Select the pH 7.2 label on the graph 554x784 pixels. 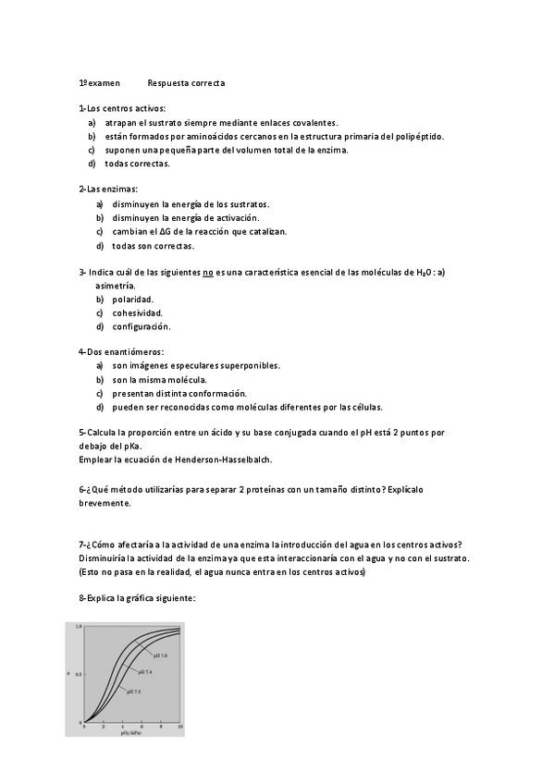point(133,691)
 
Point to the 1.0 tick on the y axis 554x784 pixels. point(79,627)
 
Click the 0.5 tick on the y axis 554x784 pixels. point(79,674)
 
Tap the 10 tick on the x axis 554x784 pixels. point(179,728)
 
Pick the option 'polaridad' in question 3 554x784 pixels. point(132,300)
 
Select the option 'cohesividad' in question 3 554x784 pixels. point(137,313)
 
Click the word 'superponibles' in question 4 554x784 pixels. point(251,366)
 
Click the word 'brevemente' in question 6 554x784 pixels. point(105,504)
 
